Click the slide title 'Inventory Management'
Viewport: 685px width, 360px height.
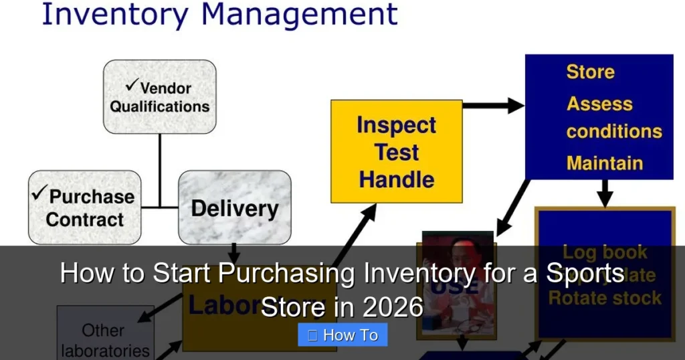[219, 15]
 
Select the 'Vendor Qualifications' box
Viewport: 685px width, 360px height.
[159, 97]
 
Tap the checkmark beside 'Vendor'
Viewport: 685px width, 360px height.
[132, 87]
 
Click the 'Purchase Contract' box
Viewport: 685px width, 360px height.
[85, 207]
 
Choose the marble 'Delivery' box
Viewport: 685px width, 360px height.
[234, 207]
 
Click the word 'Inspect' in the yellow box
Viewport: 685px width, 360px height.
[396, 125]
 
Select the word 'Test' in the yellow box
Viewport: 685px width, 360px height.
[396, 152]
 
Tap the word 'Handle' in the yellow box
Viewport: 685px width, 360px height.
[396, 179]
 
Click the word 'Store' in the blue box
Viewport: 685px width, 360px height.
[590, 72]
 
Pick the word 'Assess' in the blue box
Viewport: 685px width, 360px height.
[599, 104]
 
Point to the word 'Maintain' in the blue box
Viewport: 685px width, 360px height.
[605, 163]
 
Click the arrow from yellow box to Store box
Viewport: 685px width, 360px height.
[494, 105]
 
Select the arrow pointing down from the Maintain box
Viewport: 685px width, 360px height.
[605, 193]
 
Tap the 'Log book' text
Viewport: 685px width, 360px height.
[605, 252]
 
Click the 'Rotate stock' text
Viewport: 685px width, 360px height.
[605, 298]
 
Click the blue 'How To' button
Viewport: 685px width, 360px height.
[342, 335]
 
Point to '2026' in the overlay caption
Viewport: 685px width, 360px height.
[393, 307]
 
